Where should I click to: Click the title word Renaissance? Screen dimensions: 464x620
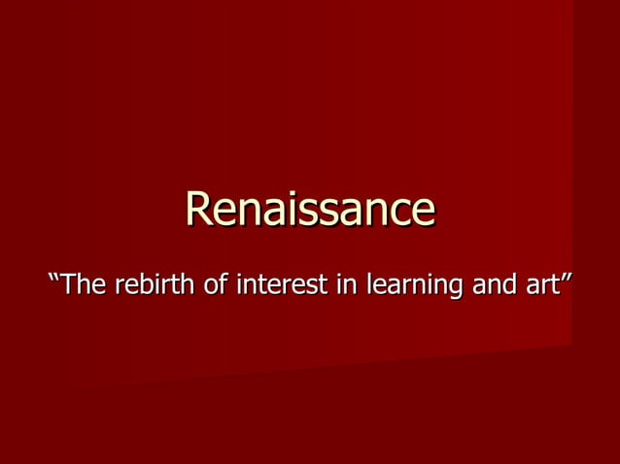pos(310,209)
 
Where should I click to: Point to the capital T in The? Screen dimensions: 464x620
pos(72,287)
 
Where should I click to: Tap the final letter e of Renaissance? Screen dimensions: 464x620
pos(421,213)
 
